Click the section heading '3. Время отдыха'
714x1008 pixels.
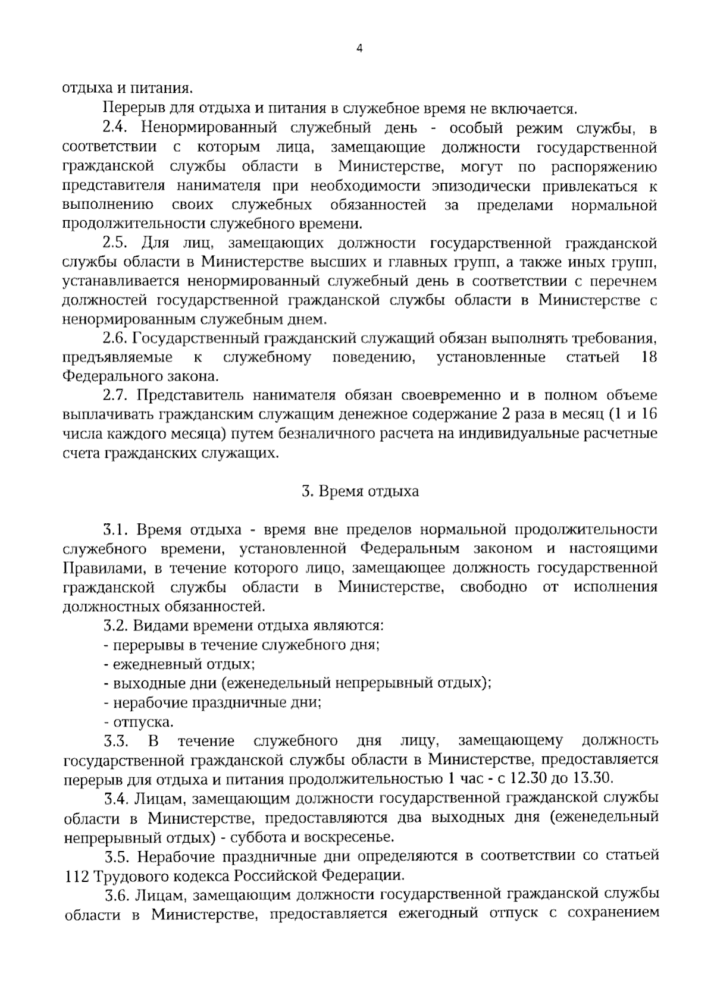pos(360,491)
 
